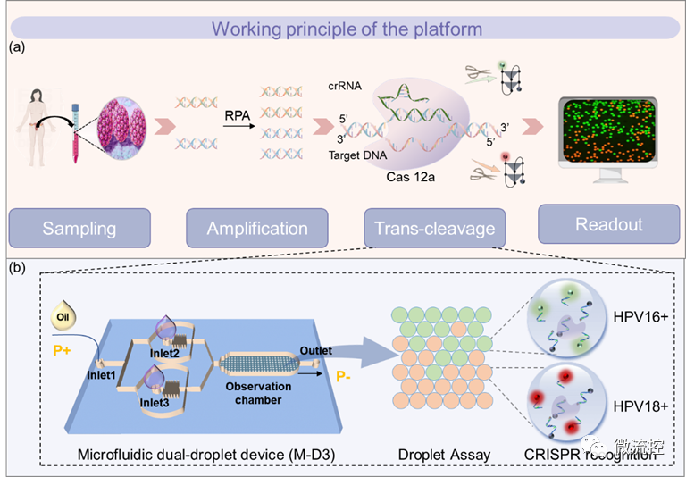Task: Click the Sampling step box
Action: click(79, 229)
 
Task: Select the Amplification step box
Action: click(257, 229)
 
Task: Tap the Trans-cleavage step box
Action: click(434, 229)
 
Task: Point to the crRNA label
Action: click(344, 86)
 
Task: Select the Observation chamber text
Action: click(265, 393)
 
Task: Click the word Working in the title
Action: click(247, 29)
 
